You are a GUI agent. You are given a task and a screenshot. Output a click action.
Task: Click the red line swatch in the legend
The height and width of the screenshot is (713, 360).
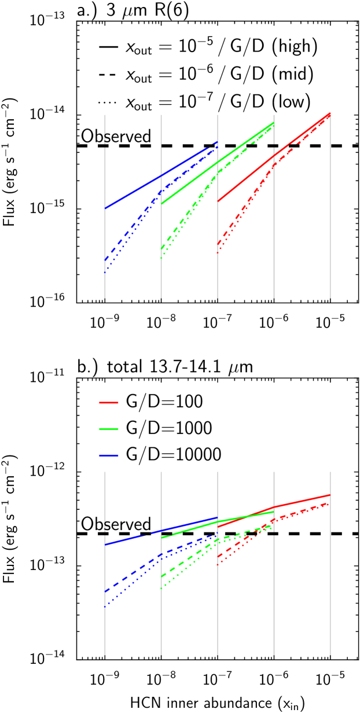[x=109, y=402]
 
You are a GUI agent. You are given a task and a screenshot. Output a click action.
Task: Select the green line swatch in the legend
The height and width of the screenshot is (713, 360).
[x=109, y=429]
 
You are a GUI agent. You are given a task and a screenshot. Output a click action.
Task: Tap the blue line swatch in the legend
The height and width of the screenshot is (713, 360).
[x=109, y=455]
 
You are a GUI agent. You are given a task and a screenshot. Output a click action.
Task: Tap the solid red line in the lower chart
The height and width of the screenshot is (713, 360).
[x=301, y=501]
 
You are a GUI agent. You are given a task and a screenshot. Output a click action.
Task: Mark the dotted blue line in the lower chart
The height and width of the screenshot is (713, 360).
[x=124, y=590]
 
